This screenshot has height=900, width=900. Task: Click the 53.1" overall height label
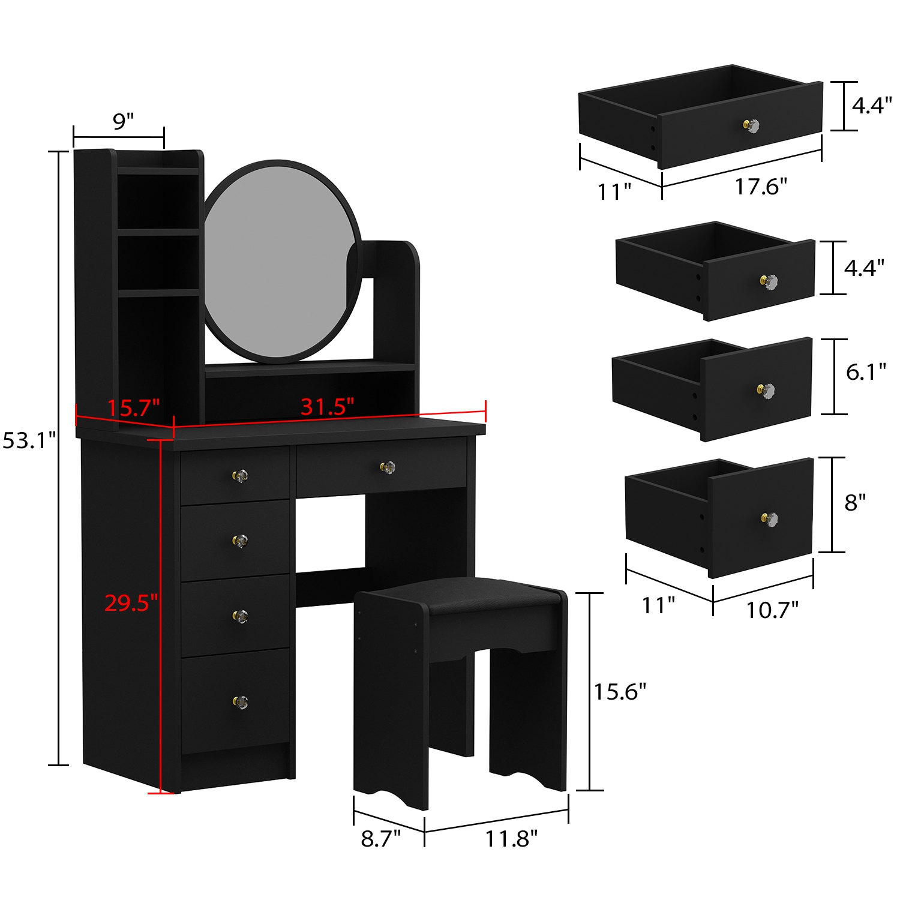pyautogui.click(x=29, y=441)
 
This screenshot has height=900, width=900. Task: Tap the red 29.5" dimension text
pyautogui.click(x=131, y=602)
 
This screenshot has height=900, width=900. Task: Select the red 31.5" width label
pyautogui.click(x=327, y=407)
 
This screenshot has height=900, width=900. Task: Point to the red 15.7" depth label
pyautogui.click(x=133, y=408)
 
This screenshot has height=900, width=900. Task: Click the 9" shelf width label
pyautogui.click(x=123, y=121)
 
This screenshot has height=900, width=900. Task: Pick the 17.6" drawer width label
pyautogui.click(x=761, y=187)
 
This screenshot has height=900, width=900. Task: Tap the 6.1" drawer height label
pyautogui.click(x=865, y=372)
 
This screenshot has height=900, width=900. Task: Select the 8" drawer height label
pyautogui.click(x=855, y=502)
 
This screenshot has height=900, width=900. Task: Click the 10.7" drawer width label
pyautogui.click(x=772, y=610)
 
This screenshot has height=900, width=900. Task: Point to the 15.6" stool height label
pyautogui.click(x=620, y=692)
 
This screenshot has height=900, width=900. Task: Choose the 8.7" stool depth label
pyautogui.click(x=380, y=838)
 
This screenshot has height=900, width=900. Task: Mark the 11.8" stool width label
pyautogui.click(x=511, y=838)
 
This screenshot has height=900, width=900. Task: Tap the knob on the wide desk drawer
pyautogui.click(x=388, y=467)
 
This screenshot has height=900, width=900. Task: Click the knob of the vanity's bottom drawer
pyautogui.click(x=241, y=701)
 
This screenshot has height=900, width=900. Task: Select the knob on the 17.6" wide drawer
pyautogui.click(x=752, y=126)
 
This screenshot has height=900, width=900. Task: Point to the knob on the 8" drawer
pyautogui.click(x=770, y=519)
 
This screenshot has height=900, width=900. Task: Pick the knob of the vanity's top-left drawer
pyautogui.click(x=240, y=476)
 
